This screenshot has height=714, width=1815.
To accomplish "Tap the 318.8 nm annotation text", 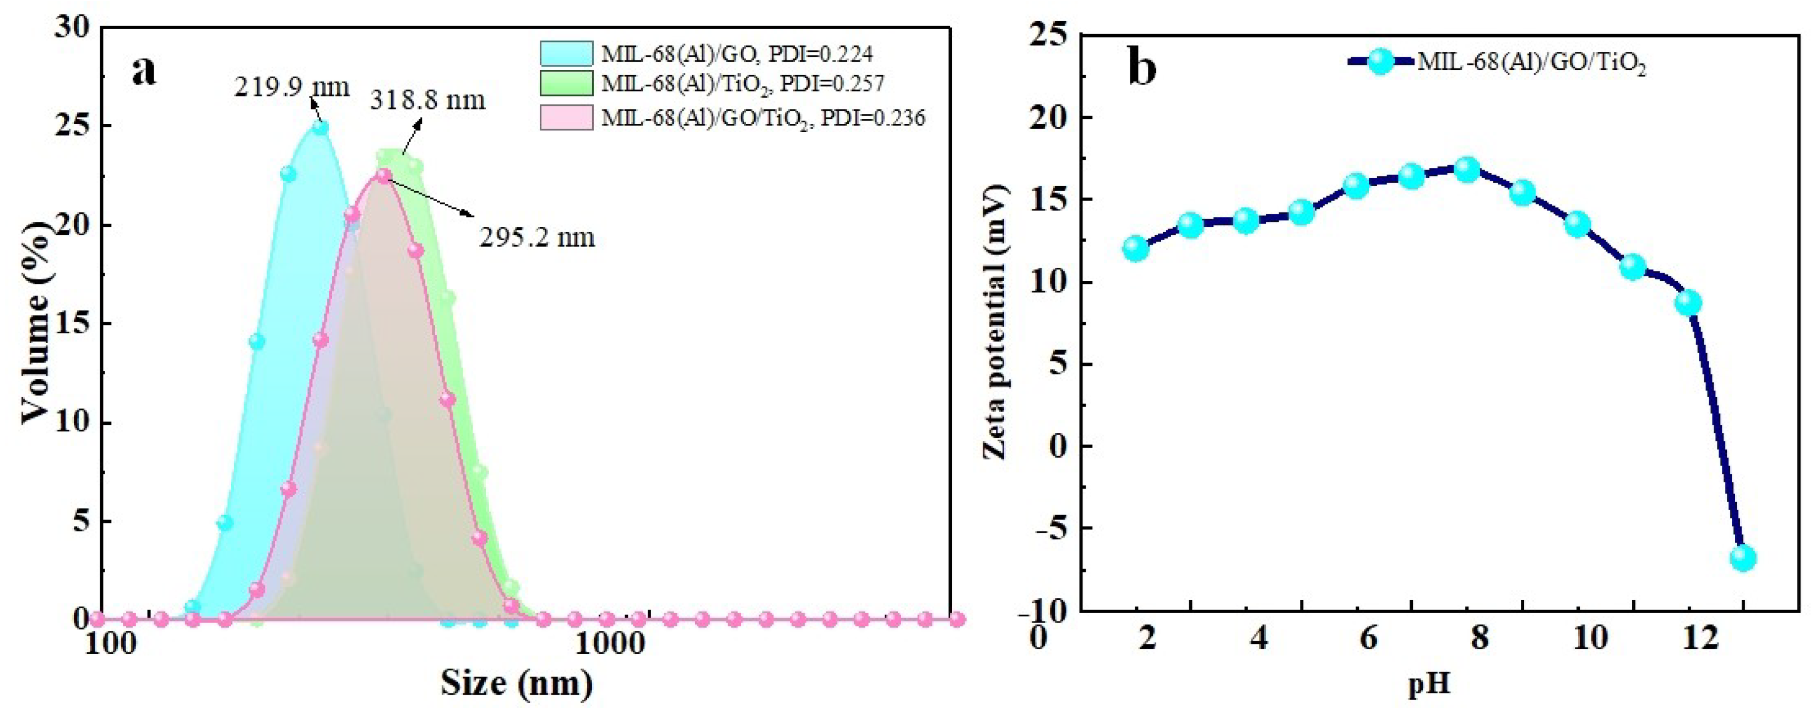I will (427, 100).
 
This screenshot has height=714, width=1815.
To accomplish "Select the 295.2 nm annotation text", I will (537, 238).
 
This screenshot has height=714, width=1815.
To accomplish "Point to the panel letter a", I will (144, 71).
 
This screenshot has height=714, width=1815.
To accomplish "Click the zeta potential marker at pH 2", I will (1136, 248).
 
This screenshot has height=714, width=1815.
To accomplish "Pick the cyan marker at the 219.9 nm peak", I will (320, 128).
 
